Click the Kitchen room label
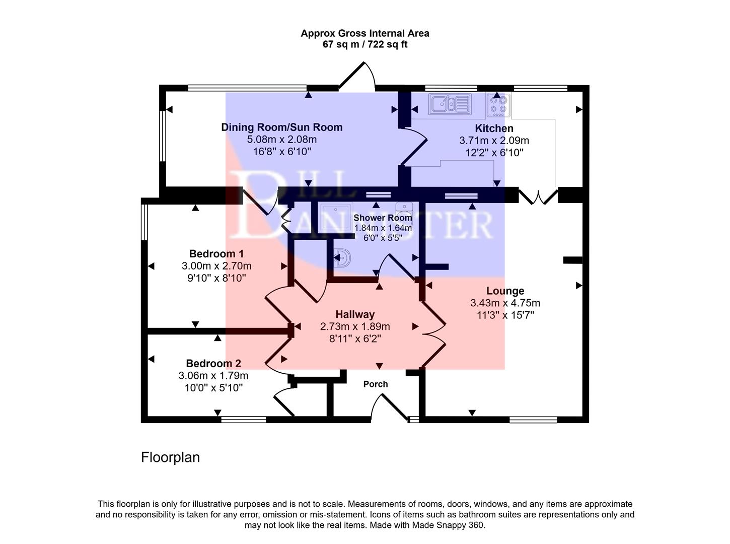tap(494, 128)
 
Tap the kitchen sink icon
tap(450, 104)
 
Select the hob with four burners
tap(498, 105)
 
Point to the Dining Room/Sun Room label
tap(282, 127)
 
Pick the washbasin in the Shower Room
tap(343, 258)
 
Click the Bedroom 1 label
tap(216, 254)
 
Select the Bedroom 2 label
tap(213, 364)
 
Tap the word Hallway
tap(355, 314)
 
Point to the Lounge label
tap(505, 291)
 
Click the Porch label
tap(376, 384)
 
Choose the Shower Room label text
tap(383, 218)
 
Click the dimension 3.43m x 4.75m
tap(505, 303)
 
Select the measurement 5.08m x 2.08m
tap(282, 140)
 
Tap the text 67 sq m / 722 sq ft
tap(365, 44)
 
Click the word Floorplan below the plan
tap(170, 457)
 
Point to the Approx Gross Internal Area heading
tap(365, 33)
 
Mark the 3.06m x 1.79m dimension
tap(213, 376)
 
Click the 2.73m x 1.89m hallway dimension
tap(355, 326)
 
